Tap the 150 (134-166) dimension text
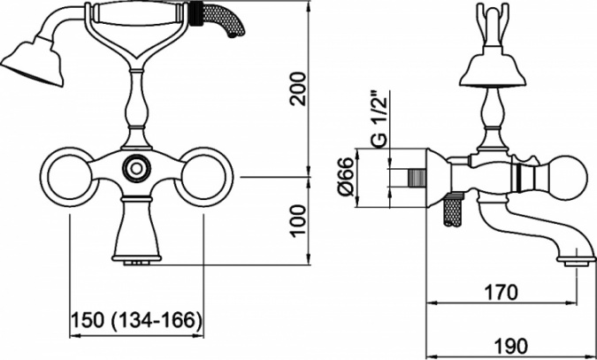[x=136, y=320]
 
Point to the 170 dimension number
[x=501, y=293]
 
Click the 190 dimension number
[x=510, y=346]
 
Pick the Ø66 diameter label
[x=346, y=177]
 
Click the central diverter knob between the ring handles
[x=136, y=168]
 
